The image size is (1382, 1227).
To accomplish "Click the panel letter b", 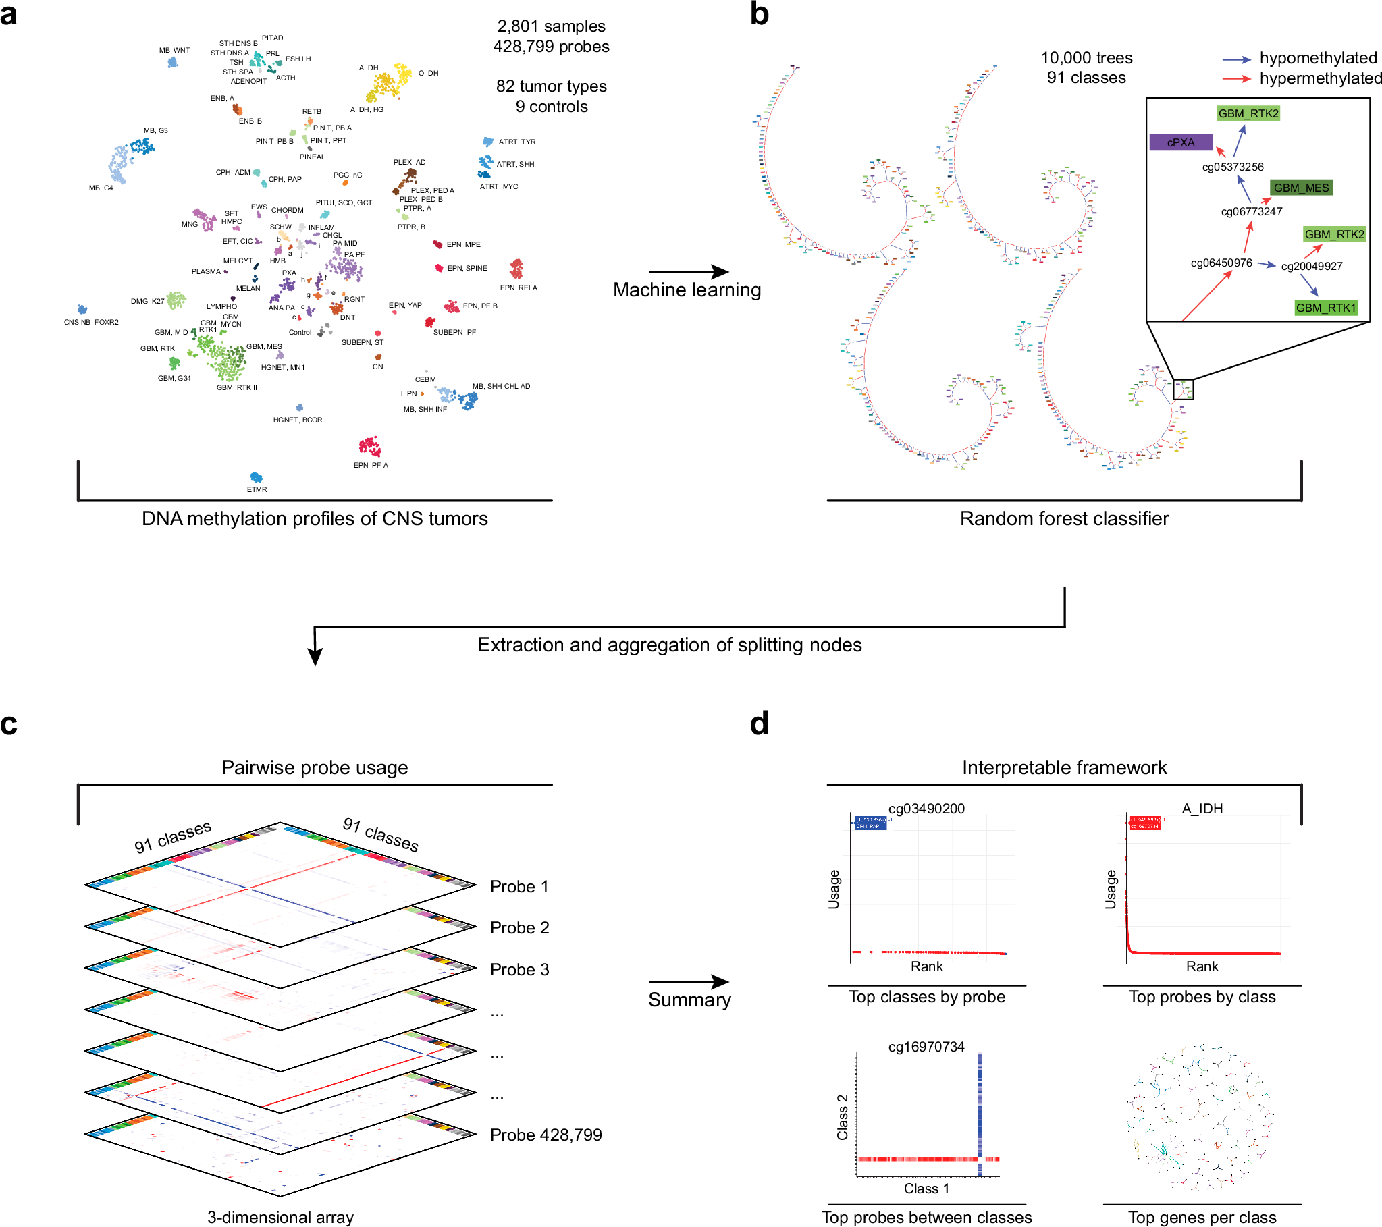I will [760, 15].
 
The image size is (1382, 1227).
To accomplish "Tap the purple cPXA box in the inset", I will [1181, 142].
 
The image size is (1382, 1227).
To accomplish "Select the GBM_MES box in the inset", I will [1301, 188].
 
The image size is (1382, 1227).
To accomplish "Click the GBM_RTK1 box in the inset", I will [1325, 308].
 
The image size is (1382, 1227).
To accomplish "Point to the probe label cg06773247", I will [1251, 212].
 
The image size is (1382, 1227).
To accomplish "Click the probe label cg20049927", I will [1311, 267].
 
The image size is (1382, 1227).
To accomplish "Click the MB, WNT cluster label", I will [174, 50].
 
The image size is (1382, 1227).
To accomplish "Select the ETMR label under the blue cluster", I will [257, 489].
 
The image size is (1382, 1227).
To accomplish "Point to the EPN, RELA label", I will [519, 288].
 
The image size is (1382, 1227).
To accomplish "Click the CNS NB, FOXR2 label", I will [91, 323].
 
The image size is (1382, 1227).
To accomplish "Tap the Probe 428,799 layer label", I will [546, 1135].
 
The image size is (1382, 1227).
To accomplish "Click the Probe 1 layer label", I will [519, 887].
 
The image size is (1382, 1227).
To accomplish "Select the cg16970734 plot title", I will [926, 1047].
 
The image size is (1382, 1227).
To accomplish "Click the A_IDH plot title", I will [1202, 809].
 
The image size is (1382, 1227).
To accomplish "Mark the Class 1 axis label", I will [926, 1189].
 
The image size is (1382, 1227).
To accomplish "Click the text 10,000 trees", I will [1086, 58].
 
